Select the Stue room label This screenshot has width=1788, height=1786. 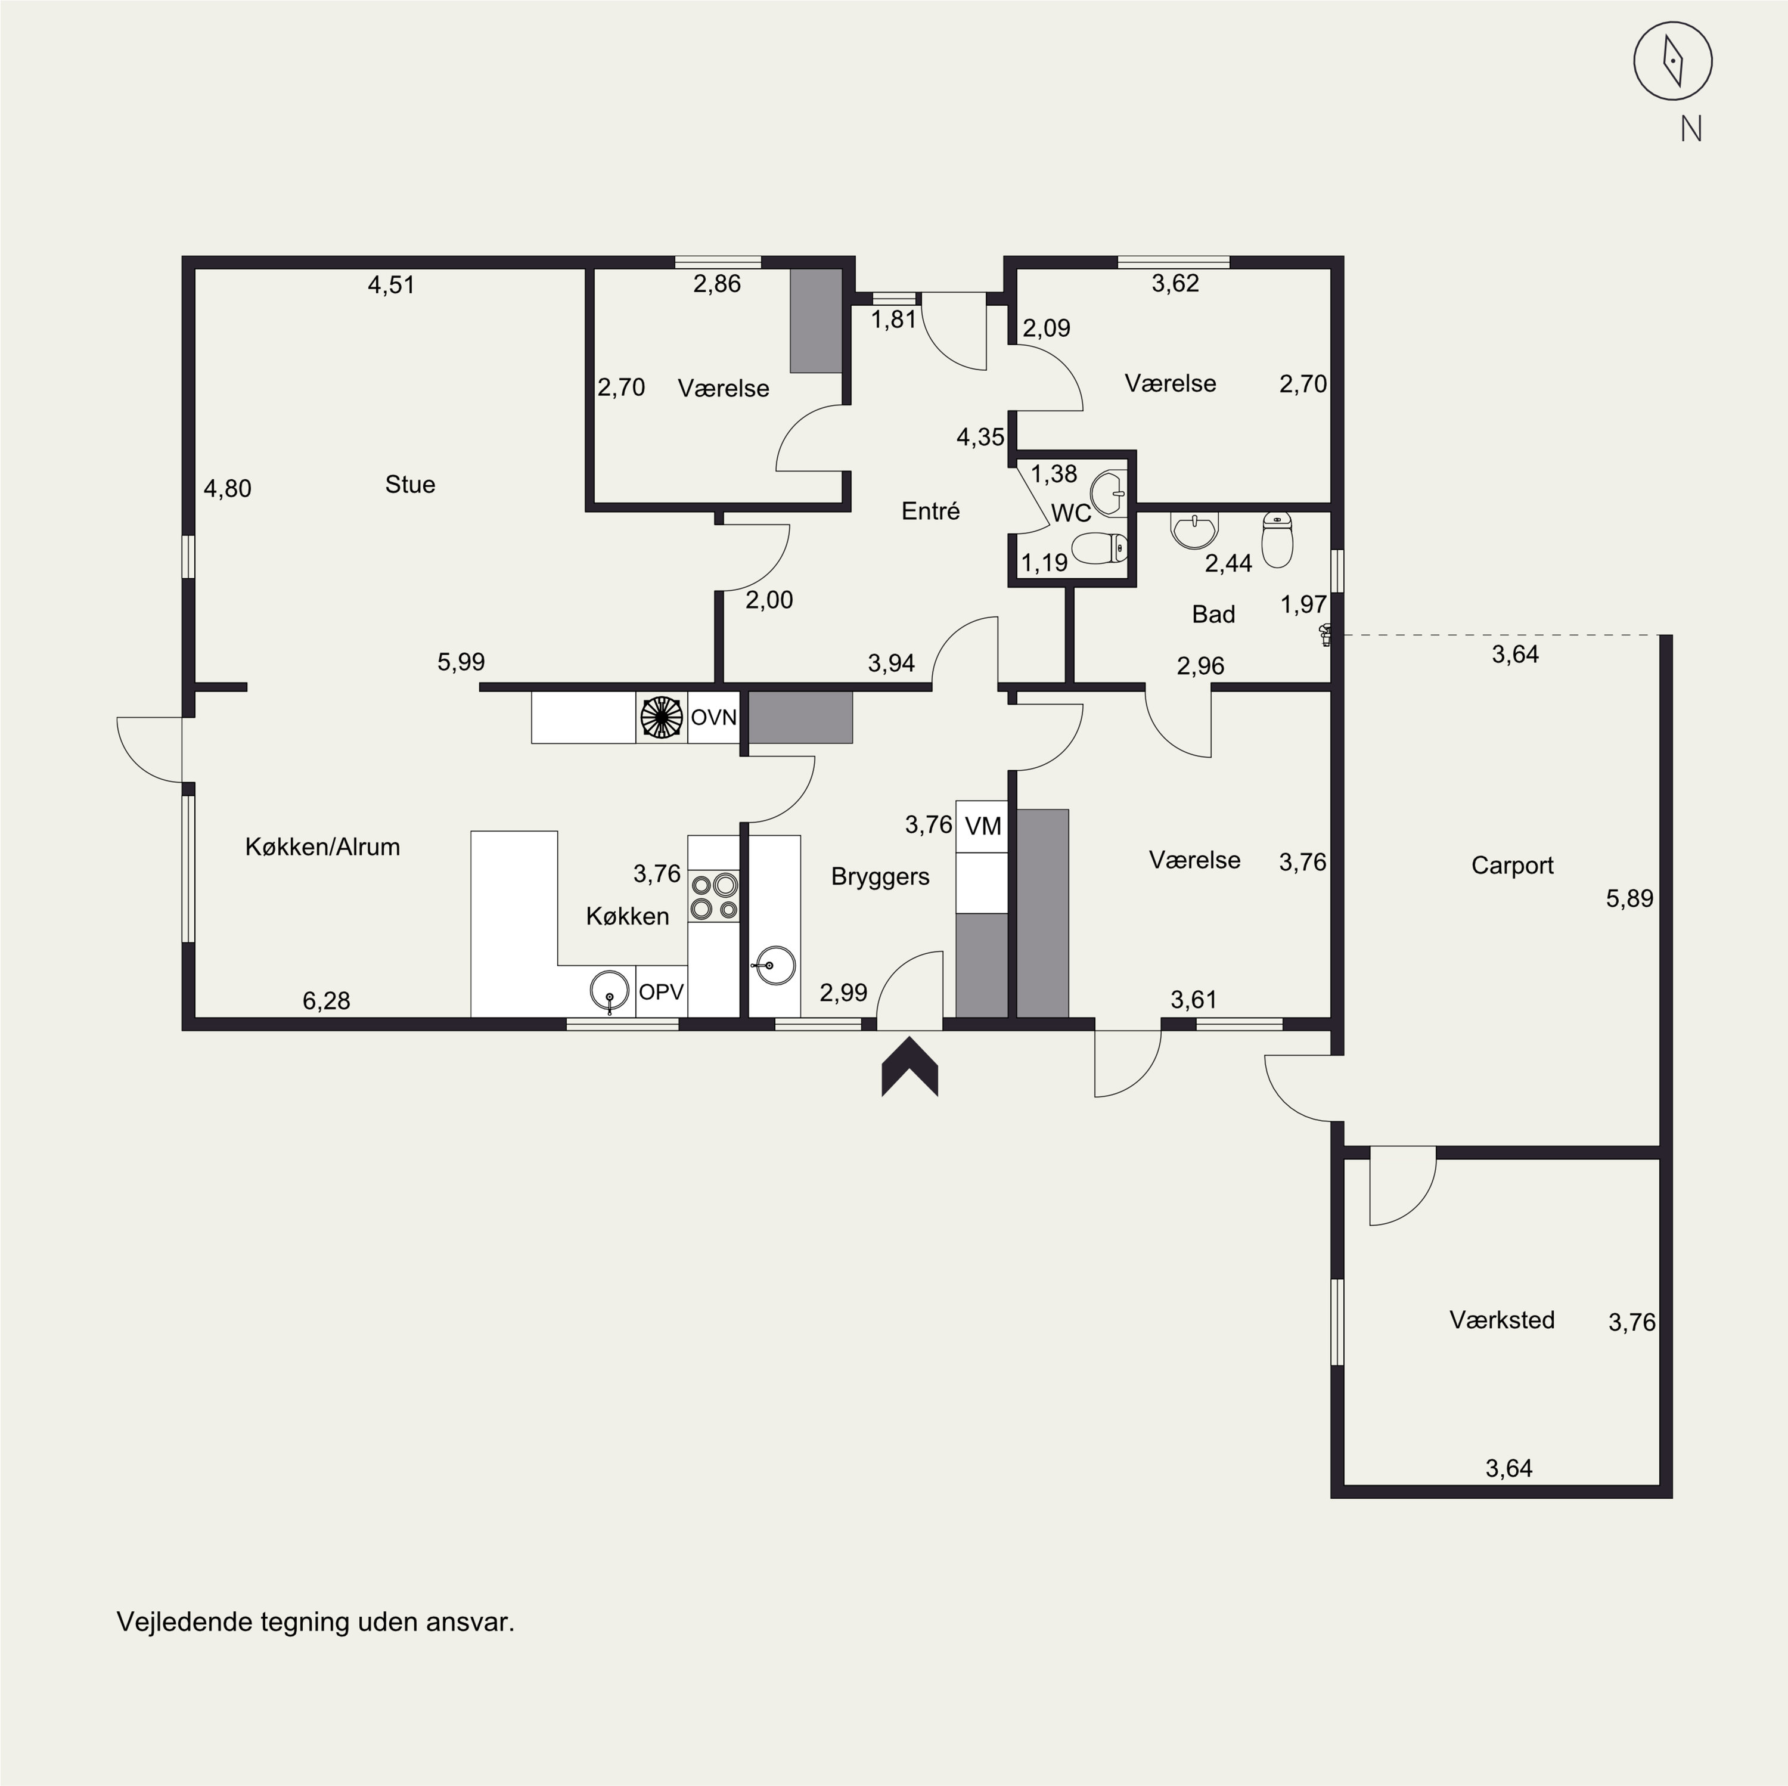pyautogui.click(x=410, y=484)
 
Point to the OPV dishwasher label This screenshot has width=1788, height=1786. pyautogui.click(x=662, y=991)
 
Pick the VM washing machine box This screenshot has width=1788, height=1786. pyautogui.click(x=982, y=826)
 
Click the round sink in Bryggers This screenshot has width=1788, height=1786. pyautogui.click(x=774, y=966)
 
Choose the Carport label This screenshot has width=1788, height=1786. pyautogui.click(x=1512, y=865)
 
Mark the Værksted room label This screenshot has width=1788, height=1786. pyautogui.click(x=1502, y=1319)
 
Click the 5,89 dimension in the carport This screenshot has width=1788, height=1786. pyautogui.click(x=1629, y=898)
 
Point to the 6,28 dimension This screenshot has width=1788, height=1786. pyautogui.click(x=327, y=1000)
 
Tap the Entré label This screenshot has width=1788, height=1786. pyautogui.click(x=930, y=511)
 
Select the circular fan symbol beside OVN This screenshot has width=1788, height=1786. pyautogui.click(x=662, y=718)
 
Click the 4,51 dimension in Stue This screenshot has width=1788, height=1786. pyautogui.click(x=392, y=284)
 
